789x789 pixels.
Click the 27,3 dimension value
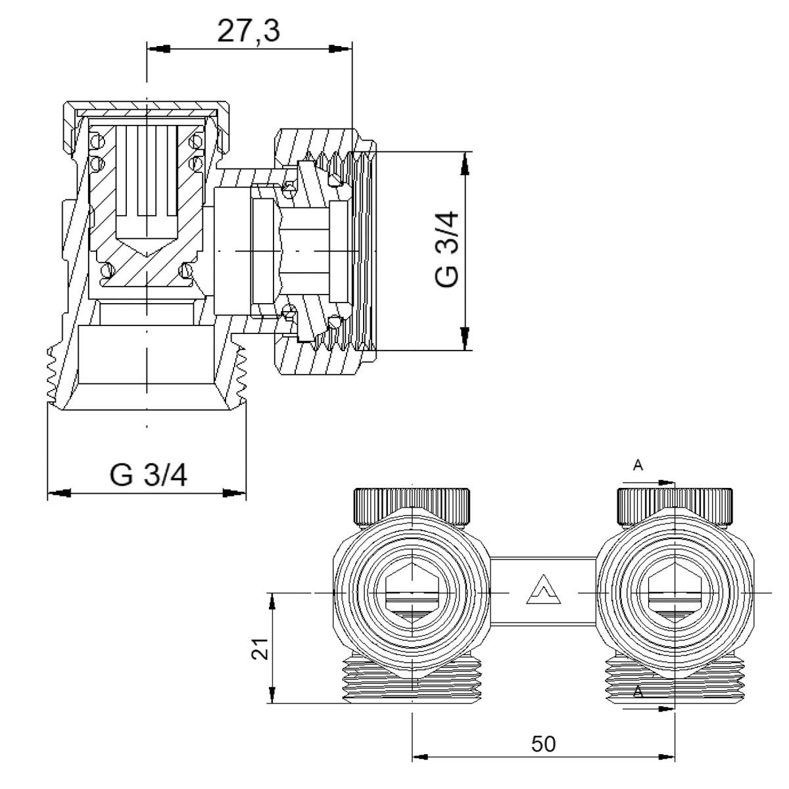point(249,32)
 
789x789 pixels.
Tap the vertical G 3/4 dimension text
point(447,249)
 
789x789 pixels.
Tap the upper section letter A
point(638,466)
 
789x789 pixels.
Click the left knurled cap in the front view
point(412,506)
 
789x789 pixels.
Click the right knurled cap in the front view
point(675,506)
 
